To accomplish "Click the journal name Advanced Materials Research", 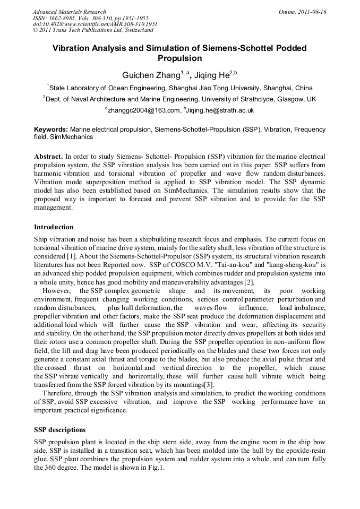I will tap(70, 12).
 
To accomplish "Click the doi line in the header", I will tap(95, 24).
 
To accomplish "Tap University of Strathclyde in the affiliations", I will tap(242, 99).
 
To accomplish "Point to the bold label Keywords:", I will tap(51, 130).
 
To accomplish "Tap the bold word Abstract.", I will tap(48, 157).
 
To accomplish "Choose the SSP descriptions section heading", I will tap(59, 430).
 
